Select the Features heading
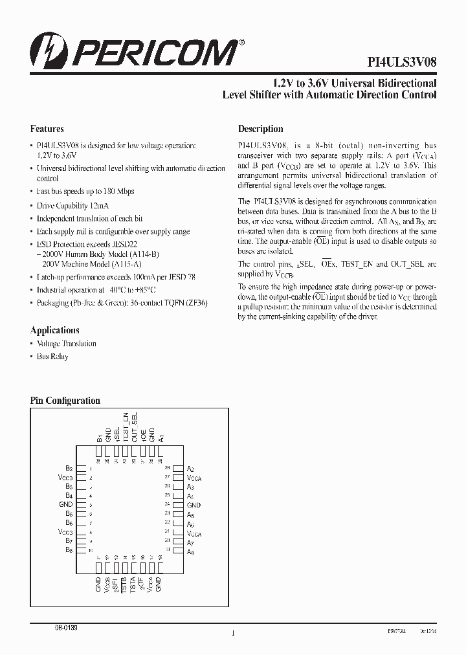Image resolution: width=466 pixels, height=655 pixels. [47, 129]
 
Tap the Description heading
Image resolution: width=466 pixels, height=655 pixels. [260, 129]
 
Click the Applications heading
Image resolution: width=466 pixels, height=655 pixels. [55, 330]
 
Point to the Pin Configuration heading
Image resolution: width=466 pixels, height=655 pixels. [65, 401]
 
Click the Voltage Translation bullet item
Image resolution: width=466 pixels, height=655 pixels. [66, 344]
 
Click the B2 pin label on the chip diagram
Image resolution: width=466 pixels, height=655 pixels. [69, 468]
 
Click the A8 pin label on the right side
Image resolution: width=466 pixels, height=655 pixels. [190, 552]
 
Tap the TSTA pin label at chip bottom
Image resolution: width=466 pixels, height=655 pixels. [133, 584]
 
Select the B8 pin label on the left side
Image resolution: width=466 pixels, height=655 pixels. [69, 550]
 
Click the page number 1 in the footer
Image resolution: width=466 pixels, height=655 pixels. [232, 634]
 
